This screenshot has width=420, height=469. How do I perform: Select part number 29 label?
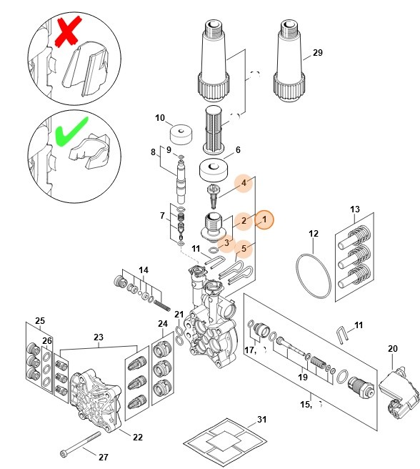(318, 54)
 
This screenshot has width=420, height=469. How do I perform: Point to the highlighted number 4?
(244, 184)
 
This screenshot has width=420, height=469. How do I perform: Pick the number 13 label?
(355, 209)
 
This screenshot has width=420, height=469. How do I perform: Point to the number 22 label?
(138, 437)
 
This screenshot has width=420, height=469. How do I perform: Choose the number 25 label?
(40, 321)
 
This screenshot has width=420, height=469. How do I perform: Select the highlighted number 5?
(244, 250)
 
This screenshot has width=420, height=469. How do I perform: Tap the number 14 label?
(144, 270)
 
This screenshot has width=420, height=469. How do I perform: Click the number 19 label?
(302, 377)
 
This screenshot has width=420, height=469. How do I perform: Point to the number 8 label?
(152, 152)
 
